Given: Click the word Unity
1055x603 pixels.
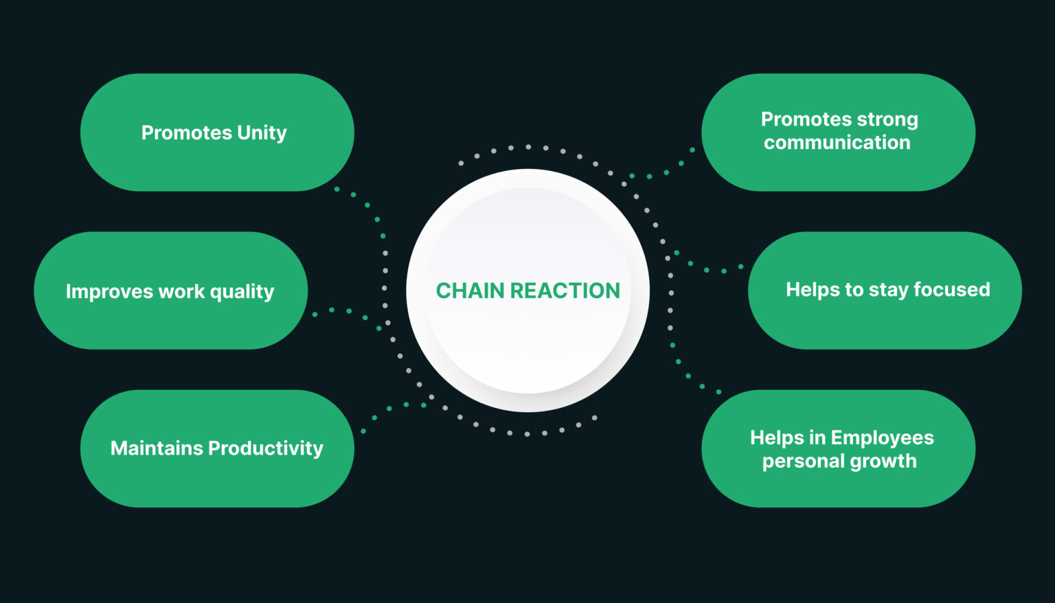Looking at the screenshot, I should tap(261, 133).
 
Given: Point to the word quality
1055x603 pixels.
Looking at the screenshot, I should tap(242, 292).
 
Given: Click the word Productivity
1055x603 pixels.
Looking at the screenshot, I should tap(265, 448).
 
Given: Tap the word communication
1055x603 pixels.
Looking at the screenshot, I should tap(837, 143).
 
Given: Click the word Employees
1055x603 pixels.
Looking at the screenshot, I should tap(882, 437).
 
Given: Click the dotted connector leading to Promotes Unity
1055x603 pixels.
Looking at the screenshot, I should tap(367, 205).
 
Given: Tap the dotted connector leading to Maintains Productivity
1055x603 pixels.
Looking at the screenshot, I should tap(389, 409).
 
